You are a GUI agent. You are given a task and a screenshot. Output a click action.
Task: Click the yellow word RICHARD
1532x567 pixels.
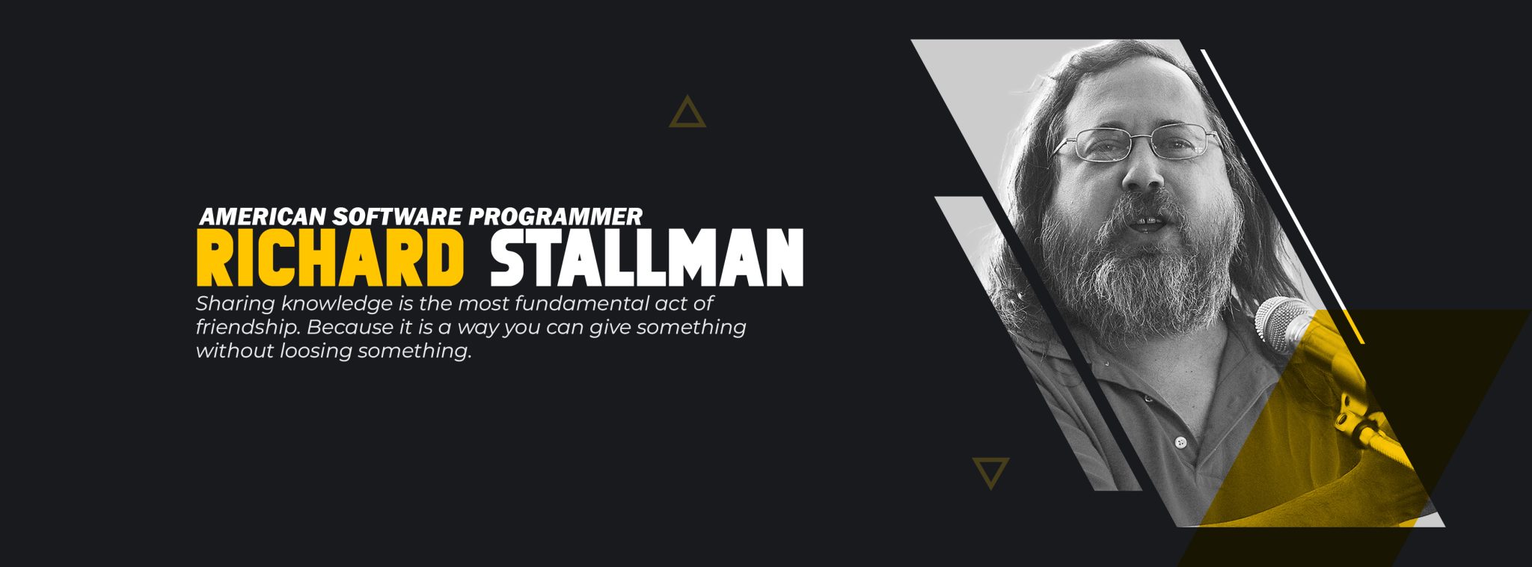[330, 257]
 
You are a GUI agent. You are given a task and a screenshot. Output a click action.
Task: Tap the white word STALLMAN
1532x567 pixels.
[646, 257]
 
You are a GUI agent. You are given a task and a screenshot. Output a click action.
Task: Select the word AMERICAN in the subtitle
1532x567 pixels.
[263, 217]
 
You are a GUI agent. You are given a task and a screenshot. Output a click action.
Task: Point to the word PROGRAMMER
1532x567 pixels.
[555, 217]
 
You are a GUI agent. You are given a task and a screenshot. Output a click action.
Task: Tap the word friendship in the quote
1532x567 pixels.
[247, 328]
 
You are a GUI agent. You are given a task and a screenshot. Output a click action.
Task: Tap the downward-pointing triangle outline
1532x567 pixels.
[991, 472]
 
